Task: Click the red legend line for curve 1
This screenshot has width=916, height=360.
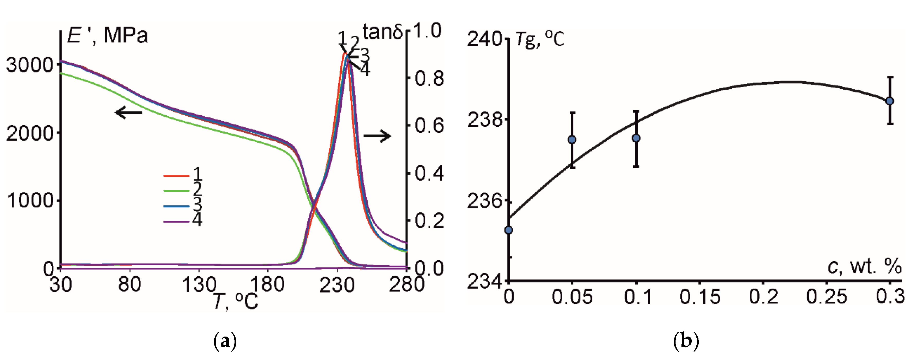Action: click(x=176, y=176)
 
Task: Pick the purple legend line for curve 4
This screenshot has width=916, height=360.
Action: click(x=176, y=222)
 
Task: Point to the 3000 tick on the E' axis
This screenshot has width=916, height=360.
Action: click(x=30, y=65)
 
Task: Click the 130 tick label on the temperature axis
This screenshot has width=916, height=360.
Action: click(x=199, y=285)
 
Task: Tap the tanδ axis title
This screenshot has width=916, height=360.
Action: click(x=382, y=32)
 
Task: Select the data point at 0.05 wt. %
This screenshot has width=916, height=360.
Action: click(x=572, y=140)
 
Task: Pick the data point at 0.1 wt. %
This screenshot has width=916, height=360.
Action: click(x=636, y=138)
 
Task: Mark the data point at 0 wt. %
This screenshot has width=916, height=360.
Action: click(x=509, y=230)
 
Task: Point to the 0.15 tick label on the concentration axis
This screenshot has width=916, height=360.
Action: click(x=699, y=296)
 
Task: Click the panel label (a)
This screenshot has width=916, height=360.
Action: click(x=224, y=341)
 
